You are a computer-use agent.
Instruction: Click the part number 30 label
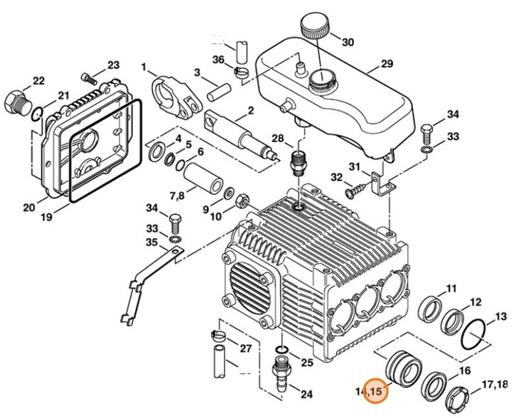click(347, 42)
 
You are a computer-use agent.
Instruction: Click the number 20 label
click(28, 208)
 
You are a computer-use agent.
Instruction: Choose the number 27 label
click(246, 348)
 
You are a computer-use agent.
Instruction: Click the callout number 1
click(144, 68)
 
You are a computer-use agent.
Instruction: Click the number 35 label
click(151, 242)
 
